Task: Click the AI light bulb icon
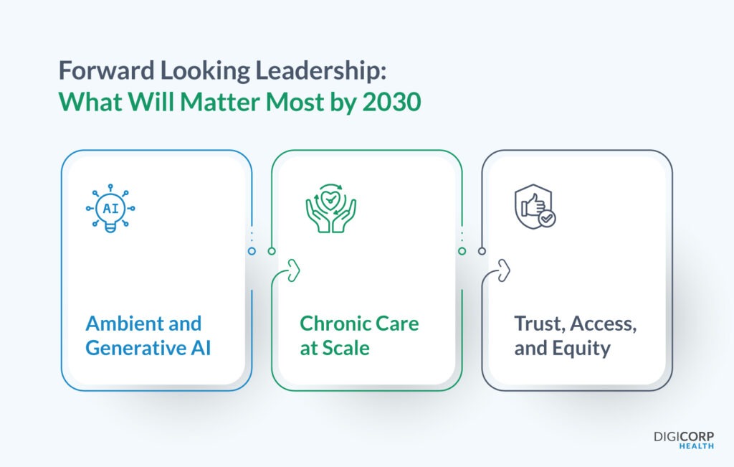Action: coord(110,209)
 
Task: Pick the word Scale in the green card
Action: coord(345,348)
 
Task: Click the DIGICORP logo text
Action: coord(684,435)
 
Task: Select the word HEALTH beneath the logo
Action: coord(696,446)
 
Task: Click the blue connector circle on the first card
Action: coord(252,251)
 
